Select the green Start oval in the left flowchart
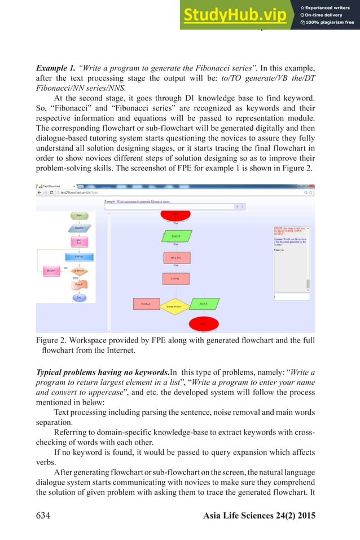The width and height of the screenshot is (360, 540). coord(79,216)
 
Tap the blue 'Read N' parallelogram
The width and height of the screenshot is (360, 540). coord(79,228)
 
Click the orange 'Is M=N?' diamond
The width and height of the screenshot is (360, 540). coord(79,271)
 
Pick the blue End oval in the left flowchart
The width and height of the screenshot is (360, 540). coord(79,297)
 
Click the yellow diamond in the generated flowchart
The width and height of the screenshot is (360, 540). coord(174,306)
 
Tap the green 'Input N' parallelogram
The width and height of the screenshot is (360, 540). coord(176,236)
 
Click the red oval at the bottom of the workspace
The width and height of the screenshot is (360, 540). coord(204,324)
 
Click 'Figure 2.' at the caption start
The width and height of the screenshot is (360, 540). coord(54,340)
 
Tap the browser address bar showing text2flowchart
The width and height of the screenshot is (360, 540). coord(169,193)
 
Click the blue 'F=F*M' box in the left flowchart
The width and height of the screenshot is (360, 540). coord(79,257)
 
